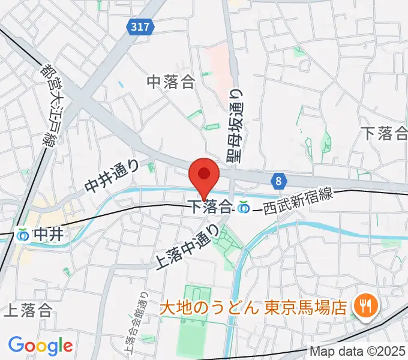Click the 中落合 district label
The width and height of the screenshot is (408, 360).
(x=172, y=82)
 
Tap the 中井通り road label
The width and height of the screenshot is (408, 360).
(x=112, y=176)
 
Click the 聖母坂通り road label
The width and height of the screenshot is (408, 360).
(x=235, y=125)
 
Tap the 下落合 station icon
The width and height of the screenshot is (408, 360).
(x=244, y=207)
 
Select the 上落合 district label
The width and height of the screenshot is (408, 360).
(x=28, y=310)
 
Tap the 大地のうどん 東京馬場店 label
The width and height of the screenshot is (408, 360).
(x=253, y=308)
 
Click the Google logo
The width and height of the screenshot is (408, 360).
(x=41, y=346)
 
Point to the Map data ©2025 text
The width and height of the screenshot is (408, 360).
(x=358, y=350)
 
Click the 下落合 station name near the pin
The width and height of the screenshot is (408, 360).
(x=211, y=207)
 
